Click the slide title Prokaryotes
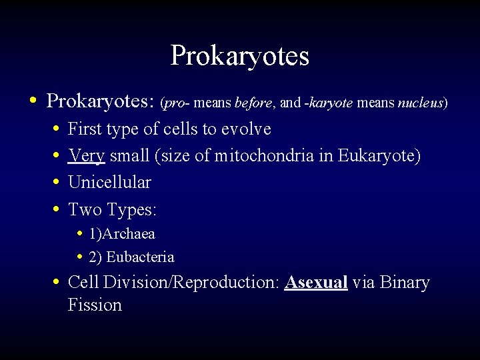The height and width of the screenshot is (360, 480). (x=239, y=56)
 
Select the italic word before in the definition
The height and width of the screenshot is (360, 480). (x=253, y=103)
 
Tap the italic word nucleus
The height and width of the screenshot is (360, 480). (x=421, y=103)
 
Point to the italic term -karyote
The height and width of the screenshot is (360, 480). (x=329, y=103)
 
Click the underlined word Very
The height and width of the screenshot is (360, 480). (x=87, y=156)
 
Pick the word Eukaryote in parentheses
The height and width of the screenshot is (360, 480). (x=377, y=156)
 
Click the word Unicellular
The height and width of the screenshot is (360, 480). (x=109, y=183)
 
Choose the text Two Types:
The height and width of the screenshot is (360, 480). (x=112, y=210)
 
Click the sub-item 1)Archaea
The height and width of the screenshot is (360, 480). (x=121, y=234)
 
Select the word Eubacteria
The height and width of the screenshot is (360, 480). (x=140, y=257)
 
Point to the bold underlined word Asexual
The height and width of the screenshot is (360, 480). (x=316, y=283)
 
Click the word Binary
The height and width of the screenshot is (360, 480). (x=405, y=283)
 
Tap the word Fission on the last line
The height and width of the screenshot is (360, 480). (x=95, y=305)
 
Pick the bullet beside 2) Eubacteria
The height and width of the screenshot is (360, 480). (x=79, y=257)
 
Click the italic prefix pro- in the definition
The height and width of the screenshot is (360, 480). (x=177, y=103)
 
